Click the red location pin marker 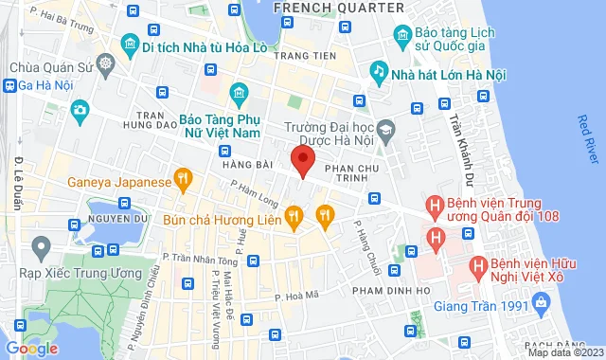pyautogui.click(x=302, y=159)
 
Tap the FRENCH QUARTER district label pyautogui.click(x=326, y=8)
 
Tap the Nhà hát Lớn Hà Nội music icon pyautogui.click(x=379, y=71)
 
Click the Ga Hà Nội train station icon pyautogui.click(x=10, y=85)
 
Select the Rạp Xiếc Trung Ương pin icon pyautogui.click(x=40, y=249)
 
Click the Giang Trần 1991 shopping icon pyautogui.click(x=539, y=304)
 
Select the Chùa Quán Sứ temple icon pyautogui.click(x=103, y=67)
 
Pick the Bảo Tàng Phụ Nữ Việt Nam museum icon pyautogui.click(x=237, y=93)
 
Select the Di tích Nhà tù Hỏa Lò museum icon pyautogui.click(x=128, y=45)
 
